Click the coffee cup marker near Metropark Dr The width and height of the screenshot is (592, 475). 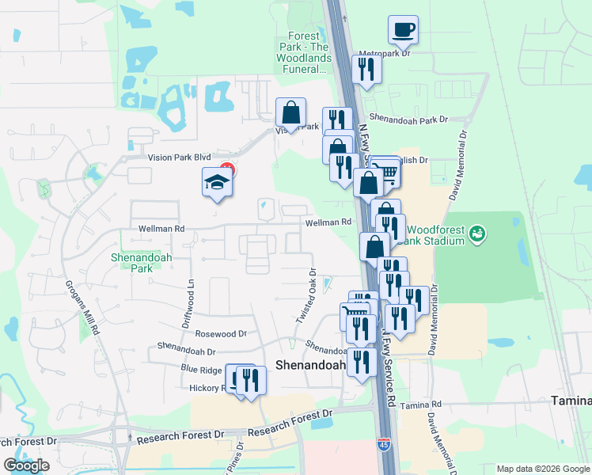pos(403,30)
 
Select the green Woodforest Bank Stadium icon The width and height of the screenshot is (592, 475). pos(477,233)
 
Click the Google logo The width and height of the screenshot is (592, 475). pos(26,465)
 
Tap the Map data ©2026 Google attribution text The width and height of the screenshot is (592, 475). pos(542,469)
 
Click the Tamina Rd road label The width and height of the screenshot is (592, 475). pos(420,405)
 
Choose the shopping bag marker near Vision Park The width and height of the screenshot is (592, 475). pos(290,112)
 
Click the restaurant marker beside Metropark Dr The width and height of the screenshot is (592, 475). pos(366,68)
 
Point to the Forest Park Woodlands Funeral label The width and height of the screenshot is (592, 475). pos(303,52)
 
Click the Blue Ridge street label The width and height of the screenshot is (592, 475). pos(201,369)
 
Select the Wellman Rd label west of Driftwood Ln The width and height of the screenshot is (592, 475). pos(161,229)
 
